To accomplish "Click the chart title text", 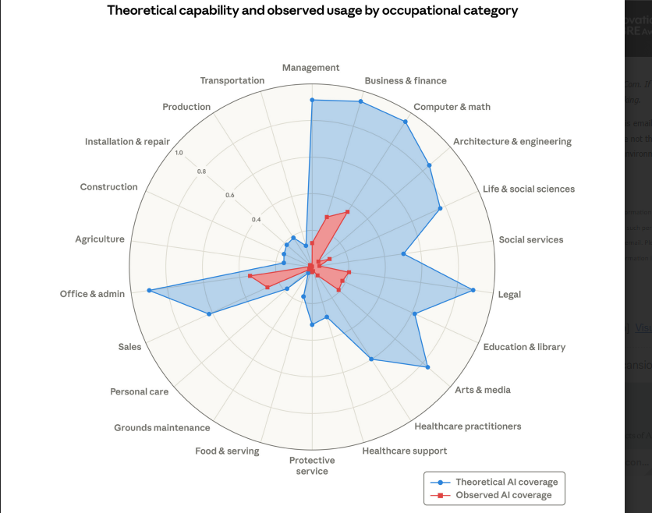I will (312, 11).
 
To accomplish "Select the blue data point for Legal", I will (473, 291).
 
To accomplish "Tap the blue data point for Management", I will (311, 100).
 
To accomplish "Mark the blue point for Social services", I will (403, 253).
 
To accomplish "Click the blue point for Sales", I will (209, 314).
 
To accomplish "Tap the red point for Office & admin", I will (250, 276).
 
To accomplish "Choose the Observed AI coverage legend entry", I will (503, 495).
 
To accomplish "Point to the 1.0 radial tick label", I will (179, 153).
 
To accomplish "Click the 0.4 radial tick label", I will (256, 219).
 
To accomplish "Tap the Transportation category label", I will (232, 80).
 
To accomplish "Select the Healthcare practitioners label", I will (468, 426).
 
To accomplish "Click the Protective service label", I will (312, 465).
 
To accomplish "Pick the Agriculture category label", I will (100, 239).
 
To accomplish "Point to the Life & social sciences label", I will (529, 189).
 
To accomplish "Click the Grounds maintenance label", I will (162, 427).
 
